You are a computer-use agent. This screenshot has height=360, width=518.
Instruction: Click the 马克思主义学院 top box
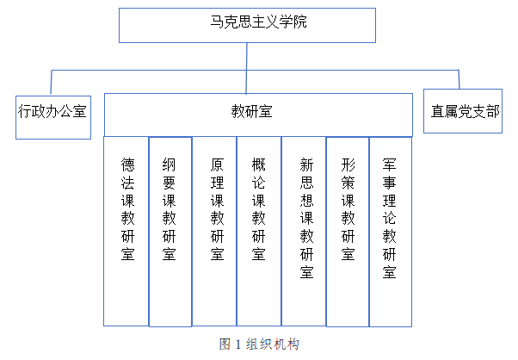point(247,24)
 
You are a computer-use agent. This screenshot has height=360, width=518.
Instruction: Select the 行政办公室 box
point(52,110)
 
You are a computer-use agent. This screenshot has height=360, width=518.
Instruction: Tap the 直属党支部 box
point(464,111)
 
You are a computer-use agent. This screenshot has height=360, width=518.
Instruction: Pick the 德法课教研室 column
point(127,231)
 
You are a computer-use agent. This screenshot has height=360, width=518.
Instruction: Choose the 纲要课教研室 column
point(170,231)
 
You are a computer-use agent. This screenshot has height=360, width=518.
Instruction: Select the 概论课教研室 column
point(259,231)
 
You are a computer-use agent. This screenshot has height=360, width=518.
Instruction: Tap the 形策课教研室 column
point(348,231)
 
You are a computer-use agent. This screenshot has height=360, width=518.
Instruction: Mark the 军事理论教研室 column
point(390,231)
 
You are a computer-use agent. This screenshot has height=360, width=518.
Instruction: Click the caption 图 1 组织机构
point(260,344)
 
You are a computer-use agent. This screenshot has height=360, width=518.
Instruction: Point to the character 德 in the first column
point(127,163)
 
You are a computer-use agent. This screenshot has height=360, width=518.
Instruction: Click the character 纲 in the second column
point(170,163)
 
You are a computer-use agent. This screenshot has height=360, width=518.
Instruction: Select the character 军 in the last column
point(390,163)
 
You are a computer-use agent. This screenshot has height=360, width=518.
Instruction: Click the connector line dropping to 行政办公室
point(53,81)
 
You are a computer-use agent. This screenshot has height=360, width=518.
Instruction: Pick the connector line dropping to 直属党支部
point(459,81)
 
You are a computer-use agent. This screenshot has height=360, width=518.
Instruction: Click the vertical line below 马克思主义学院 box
point(247,55)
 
